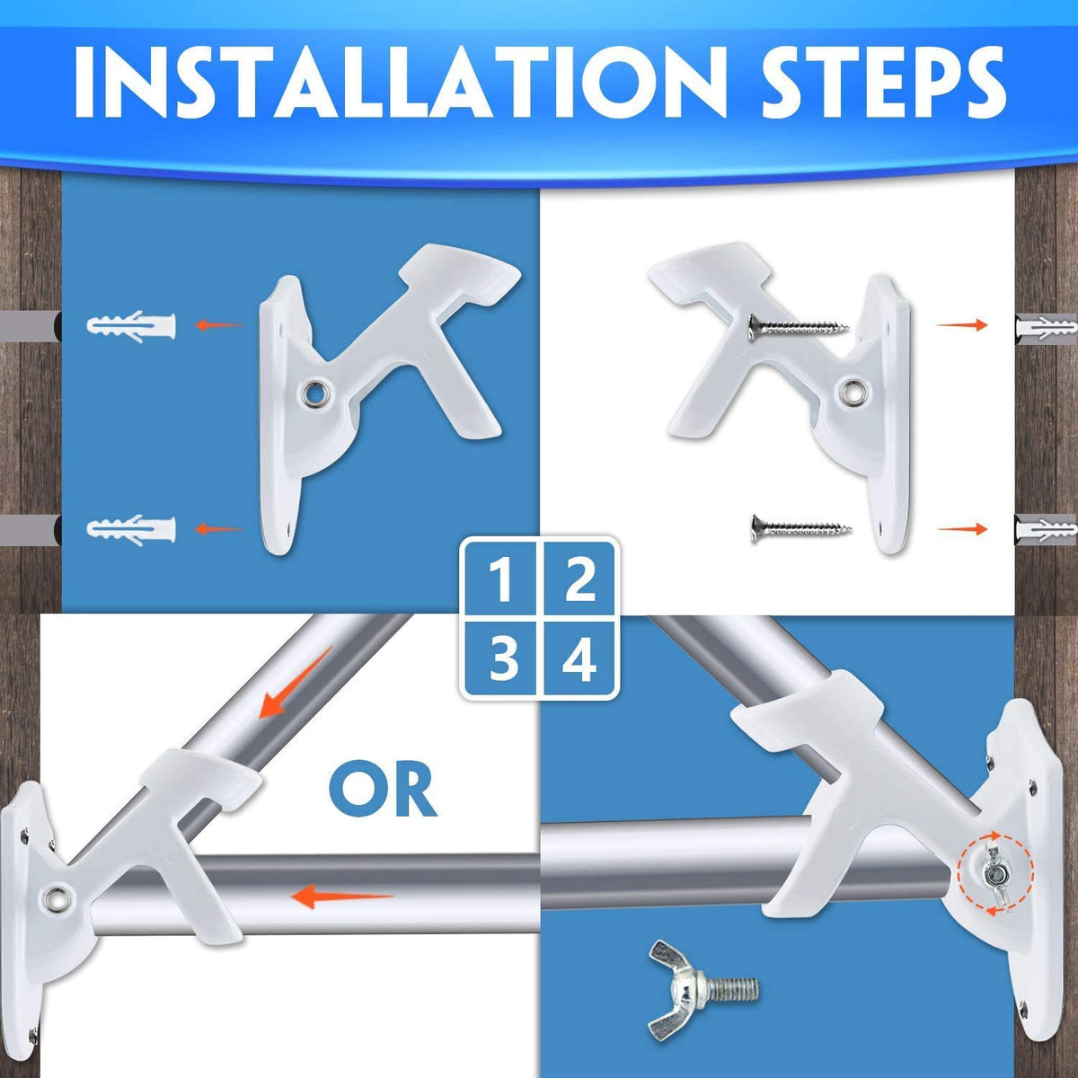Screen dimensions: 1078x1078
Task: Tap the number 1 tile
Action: click(500, 580)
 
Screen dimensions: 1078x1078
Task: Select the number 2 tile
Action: click(579, 580)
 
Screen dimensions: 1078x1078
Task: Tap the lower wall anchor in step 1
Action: click(131, 529)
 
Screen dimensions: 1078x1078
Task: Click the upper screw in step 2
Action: click(799, 327)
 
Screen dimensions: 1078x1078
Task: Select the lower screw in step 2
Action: click(800, 529)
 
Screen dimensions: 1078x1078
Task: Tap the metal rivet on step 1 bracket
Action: click(316, 393)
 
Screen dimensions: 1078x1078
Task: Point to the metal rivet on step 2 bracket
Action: click(854, 393)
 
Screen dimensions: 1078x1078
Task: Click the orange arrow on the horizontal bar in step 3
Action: click(341, 897)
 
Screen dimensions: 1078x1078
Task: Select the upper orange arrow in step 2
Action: click(962, 324)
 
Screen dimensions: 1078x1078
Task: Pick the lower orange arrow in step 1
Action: click(218, 528)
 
